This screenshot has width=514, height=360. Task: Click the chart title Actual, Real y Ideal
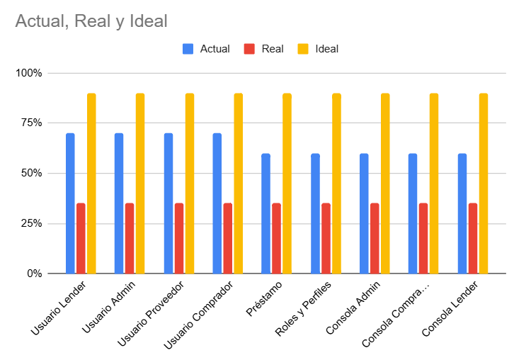(x=91, y=21)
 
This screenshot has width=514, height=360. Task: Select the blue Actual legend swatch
(x=188, y=49)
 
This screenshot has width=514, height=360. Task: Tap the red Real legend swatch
(x=249, y=49)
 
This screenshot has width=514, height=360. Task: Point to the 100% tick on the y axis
(x=29, y=73)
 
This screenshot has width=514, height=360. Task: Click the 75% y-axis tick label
(x=31, y=123)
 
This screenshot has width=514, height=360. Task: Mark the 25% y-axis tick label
(x=31, y=223)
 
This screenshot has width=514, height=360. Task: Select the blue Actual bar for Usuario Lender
(x=70, y=203)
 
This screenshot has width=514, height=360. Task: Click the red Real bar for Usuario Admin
(x=130, y=238)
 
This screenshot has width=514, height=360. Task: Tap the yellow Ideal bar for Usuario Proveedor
(x=190, y=183)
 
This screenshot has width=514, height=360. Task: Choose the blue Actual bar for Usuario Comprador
(x=217, y=203)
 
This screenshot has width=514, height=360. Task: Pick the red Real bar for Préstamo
(x=276, y=238)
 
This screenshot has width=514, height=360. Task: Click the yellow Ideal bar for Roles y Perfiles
(x=336, y=183)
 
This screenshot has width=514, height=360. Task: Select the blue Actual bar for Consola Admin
(x=364, y=213)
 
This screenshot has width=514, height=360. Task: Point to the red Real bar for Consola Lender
(x=472, y=238)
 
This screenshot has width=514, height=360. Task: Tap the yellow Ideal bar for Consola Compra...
(x=434, y=183)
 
